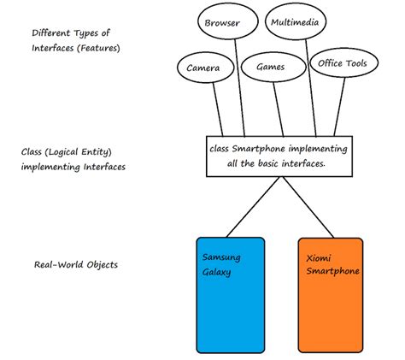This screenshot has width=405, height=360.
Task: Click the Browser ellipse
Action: click(x=222, y=25)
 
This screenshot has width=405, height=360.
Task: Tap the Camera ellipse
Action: click(x=203, y=68)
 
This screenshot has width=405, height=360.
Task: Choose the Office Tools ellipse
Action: click(x=342, y=64)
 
